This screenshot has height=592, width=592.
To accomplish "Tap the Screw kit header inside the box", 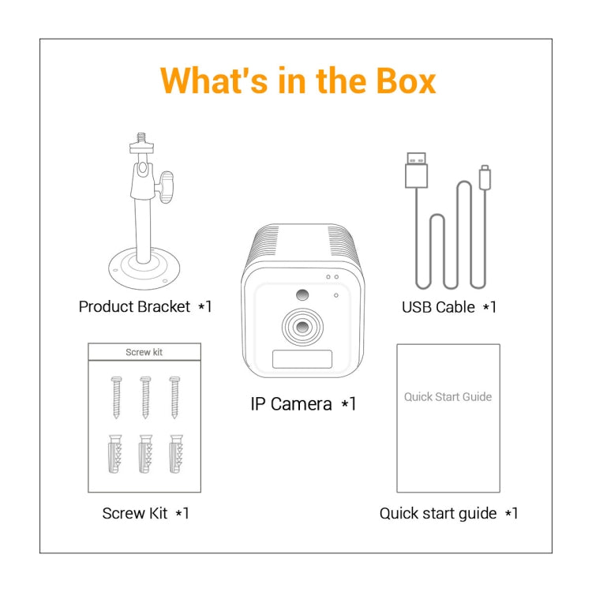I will tap(144, 352).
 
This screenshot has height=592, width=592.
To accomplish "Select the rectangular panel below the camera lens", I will tap(302, 359).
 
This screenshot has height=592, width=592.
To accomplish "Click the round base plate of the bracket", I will tap(143, 269).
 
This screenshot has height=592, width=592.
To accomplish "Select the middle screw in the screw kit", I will tap(144, 395).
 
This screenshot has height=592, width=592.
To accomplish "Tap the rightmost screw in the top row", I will tap(174, 395).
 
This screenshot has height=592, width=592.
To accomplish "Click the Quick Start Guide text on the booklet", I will tap(448, 397).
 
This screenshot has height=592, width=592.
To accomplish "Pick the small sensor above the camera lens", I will tap(302, 295).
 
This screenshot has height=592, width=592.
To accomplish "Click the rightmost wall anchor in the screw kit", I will tap(174, 454).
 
